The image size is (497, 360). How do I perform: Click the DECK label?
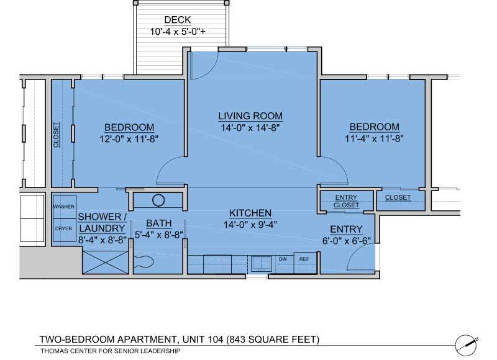click(177, 20)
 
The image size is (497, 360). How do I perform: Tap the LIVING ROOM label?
click(250, 116)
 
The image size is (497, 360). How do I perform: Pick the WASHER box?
click(63, 207)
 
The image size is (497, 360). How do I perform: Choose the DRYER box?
click(63, 228)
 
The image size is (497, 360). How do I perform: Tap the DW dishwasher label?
click(282, 259)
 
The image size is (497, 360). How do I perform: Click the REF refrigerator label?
click(304, 259)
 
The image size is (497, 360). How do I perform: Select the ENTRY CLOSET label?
click(346, 201)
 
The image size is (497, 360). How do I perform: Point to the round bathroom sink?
click(158, 200)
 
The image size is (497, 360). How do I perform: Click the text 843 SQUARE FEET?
click(273, 339)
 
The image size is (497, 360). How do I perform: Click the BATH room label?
click(158, 223)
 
